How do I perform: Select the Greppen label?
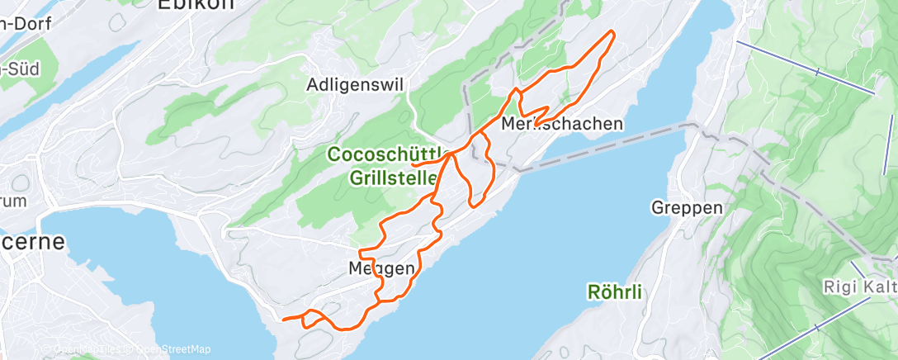click(687, 206)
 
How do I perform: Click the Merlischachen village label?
click(561, 124)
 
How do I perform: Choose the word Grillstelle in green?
click(394, 178)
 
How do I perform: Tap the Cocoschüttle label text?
click(388, 154)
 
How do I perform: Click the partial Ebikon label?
click(195, 5)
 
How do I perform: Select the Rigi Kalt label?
click(858, 287)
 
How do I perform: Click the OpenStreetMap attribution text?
click(173, 349)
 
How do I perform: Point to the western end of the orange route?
click(284, 319)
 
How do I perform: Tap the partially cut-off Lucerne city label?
click(33, 244)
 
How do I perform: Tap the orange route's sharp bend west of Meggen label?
click(362, 250)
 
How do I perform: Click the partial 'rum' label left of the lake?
click(13, 200)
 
